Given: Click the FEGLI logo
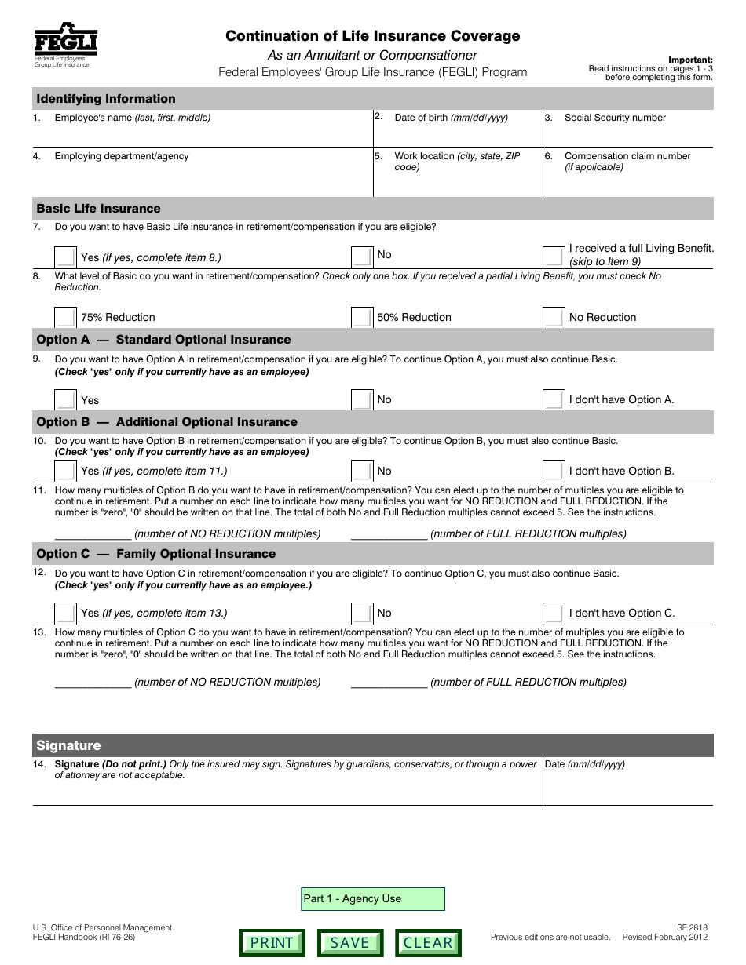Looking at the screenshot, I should [x=65, y=41].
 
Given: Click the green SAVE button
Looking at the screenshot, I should [x=349, y=942].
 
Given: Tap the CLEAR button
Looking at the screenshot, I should [x=428, y=942].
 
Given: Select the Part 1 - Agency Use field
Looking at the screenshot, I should [x=373, y=899].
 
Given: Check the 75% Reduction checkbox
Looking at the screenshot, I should [x=65, y=317].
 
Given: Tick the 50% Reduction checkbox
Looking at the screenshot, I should [x=361, y=317].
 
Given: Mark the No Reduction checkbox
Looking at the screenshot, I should [x=554, y=317].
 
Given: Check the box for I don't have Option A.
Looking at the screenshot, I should [x=554, y=399].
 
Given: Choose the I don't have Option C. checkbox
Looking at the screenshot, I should [x=554, y=613].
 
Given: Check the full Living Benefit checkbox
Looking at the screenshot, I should [x=554, y=256].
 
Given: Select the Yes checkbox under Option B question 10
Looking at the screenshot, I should [x=65, y=471].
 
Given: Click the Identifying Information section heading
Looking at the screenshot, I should [x=106, y=99].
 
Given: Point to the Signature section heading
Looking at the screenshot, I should [x=69, y=745].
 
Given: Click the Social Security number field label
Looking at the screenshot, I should [x=615, y=118].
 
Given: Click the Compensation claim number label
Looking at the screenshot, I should [x=627, y=156].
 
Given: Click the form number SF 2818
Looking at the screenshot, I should [x=692, y=927].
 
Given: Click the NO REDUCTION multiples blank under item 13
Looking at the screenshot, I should [x=93, y=681].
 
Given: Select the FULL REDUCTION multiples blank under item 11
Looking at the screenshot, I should [x=389, y=533].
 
